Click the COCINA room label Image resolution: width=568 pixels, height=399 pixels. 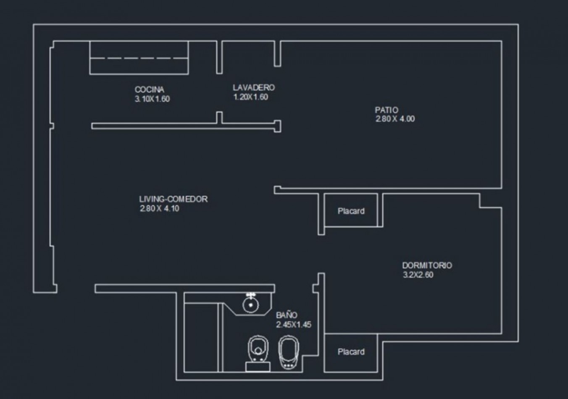(149, 89)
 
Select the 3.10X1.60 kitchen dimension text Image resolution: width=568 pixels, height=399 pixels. (152, 99)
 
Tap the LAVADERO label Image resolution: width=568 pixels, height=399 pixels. (254, 87)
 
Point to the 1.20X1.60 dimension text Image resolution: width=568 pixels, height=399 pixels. (250, 97)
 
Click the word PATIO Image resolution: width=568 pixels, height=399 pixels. (387, 110)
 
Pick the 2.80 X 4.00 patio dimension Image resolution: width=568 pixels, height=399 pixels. (395, 119)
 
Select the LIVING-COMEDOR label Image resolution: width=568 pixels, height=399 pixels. (173, 199)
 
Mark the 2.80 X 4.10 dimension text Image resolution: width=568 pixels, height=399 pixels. (159, 209)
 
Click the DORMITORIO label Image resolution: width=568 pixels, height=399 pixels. (427, 265)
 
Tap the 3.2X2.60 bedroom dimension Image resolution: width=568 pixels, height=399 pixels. (418, 275)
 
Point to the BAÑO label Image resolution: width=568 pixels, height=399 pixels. (287, 315)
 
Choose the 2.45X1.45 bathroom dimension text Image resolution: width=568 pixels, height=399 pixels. (294, 325)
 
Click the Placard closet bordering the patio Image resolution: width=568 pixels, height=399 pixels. (351, 211)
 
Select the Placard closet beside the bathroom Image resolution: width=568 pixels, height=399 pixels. (351, 352)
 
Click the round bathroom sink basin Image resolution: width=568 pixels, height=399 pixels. (251, 305)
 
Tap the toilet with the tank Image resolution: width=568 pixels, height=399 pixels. (258, 353)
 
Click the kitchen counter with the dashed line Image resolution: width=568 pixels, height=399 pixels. (139, 58)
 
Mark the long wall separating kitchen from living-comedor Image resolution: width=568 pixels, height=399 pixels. (185, 126)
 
